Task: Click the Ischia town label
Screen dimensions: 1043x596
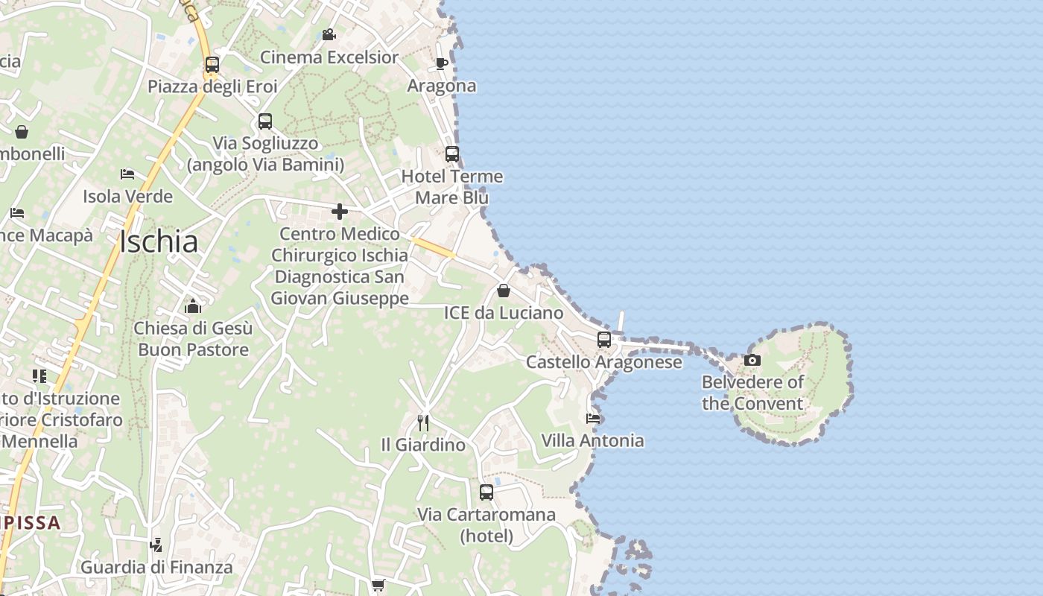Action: pyautogui.click(x=159, y=242)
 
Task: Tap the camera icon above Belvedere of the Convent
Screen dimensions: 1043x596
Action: pyautogui.click(x=752, y=361)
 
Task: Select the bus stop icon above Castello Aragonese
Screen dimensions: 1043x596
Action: pyautogui.click(x=604, y=340)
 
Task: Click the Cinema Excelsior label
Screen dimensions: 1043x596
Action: pyautogui.click(x=329, y=57)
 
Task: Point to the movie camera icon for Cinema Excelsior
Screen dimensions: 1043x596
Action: pyautogui.click(x=329, y=35)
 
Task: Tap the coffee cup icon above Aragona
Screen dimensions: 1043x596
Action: pyautogui.click(x=441, y=63)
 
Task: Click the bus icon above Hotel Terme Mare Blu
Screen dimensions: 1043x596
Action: pyautogui.click(x=452, y=154)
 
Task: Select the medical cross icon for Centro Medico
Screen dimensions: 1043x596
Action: pyautogui.click(x=340, y=212)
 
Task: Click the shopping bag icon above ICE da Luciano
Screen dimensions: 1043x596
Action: pyautogui.click(x=504, y=291)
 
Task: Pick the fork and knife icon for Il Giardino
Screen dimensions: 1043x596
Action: pyautogui.click(x=423, y=423)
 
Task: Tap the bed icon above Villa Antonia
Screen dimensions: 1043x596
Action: pyautogui.click(x=593, y=418)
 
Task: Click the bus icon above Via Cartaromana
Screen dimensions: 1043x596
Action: pyautogui.click(x=486, y=492)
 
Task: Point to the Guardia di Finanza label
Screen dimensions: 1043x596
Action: pyautogui.click(x=156, y=568)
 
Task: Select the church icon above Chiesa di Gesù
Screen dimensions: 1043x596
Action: pyautogui.click(x=193, y=306)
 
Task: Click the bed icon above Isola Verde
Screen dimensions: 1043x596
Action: pyautogui.click(x=127, y=174)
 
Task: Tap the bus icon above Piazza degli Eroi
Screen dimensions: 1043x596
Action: pyautogui.click(x=212, y=65)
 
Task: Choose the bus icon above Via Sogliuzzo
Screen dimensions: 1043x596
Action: pyautogui.click(x=265, y=121)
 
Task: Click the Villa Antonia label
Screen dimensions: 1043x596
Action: pyautogui.click(x=592, y=441)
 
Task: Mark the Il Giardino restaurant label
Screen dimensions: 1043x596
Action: pyautogui.click(x=423, y=446)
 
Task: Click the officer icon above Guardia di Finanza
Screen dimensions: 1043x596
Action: pyautogui.click(x=156, y=545)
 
